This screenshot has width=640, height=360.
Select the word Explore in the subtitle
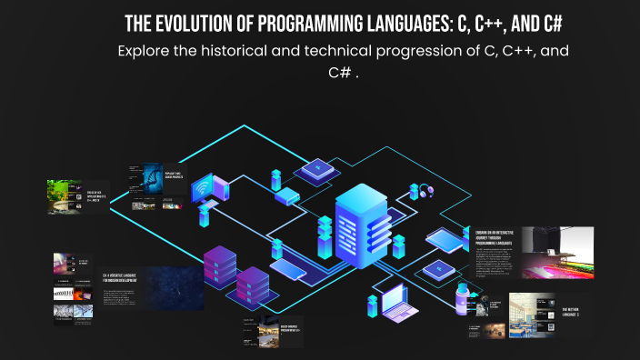pyautogui.click(x=146, y=51)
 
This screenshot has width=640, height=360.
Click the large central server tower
pyautogui.click(x=361, y=228)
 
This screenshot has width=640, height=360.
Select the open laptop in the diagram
pyautogui.click(x=397, y=300)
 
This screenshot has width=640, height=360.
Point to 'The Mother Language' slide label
pyautogui.click(x=571, y=313)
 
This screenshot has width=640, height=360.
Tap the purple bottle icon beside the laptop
pyautogui.click(x=461, y=294)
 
